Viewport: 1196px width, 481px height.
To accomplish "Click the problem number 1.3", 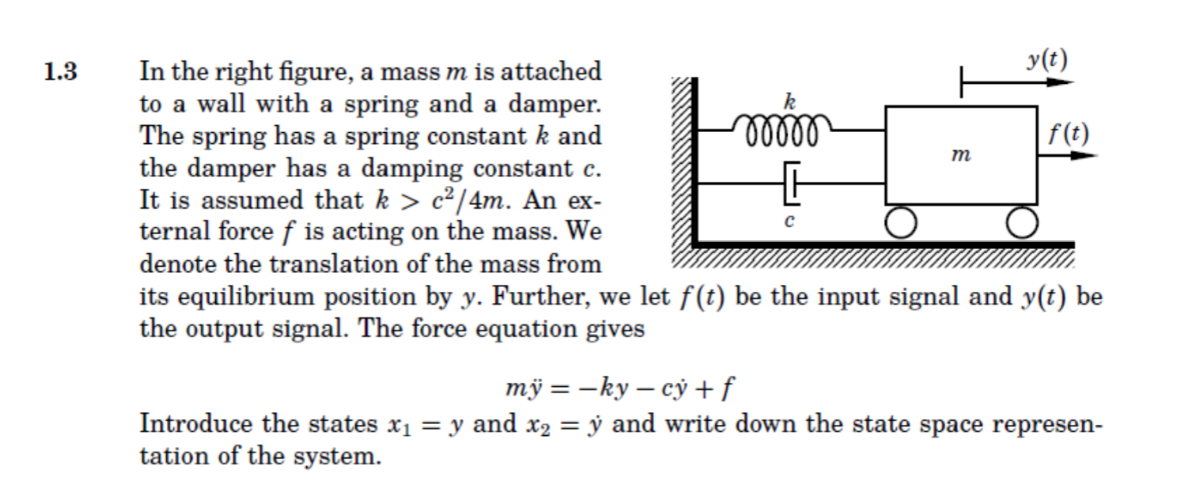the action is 61,73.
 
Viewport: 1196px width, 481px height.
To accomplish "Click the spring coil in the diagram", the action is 782,127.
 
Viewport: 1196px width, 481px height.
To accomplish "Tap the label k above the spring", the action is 788,101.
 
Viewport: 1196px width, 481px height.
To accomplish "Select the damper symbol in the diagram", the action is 792,183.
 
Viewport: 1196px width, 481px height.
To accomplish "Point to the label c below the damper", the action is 789,222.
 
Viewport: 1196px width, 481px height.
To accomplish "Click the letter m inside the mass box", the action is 961,156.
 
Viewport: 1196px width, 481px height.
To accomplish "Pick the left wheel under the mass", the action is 900,222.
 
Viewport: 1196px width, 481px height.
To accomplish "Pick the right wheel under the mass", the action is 1021,222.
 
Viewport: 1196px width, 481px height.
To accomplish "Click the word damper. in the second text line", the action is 554,104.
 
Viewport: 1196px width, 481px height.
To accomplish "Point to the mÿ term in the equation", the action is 521,389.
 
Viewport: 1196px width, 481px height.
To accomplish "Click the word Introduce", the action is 195,424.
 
